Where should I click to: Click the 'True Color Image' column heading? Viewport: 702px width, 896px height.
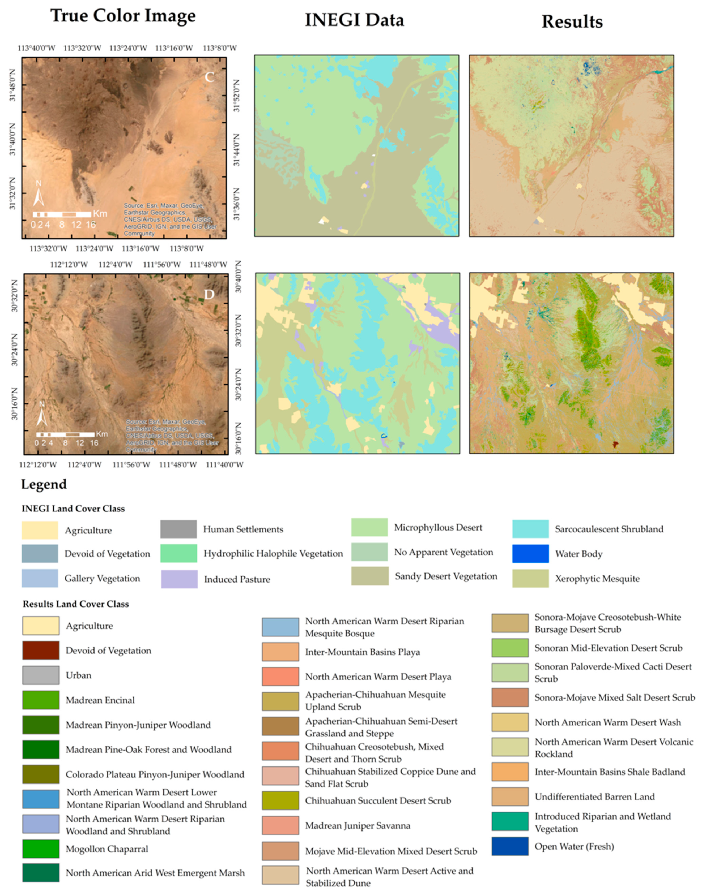[x=123, y=16]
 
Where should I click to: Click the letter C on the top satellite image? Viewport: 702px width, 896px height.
[x=210, y=77]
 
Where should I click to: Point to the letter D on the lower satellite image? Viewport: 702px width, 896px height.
[x=210, y=294]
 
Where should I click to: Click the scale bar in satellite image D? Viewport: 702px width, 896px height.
[x=65, y=434]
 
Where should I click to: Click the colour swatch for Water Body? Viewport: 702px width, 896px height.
[x=530, y=554]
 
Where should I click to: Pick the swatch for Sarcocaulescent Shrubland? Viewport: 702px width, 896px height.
[x=530, y=529]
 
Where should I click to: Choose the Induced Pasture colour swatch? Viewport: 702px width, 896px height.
[x=179, y=579]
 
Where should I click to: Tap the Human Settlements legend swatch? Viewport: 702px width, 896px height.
[x=178, y=529]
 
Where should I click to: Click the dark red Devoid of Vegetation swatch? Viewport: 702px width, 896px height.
[x=41, y=651]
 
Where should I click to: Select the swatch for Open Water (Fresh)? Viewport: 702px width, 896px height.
[x=510, y=846]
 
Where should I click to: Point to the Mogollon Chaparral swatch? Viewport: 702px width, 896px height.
[x=41, y=849]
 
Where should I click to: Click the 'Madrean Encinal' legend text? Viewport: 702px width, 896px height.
[x=100, y=700]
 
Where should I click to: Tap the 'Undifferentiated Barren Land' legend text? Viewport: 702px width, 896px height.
[x=594, y=797]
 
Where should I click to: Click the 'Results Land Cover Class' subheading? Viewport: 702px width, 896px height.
[x=76, y=604]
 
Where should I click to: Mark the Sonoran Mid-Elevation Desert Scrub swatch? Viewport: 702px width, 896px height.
[x=510, y=648]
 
